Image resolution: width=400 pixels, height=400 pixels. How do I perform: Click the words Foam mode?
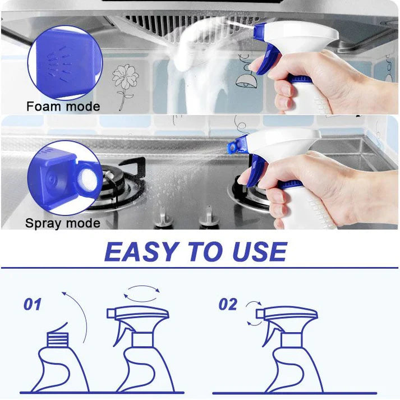pyautogui.click(x=63, y=106)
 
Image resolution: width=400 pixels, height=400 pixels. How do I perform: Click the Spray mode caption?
pyautogui.click(x=63, y=223)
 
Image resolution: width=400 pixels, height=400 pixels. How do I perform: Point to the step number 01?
pyautogui.click(x=33, y=305)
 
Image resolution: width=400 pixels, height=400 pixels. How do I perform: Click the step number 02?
pyautogui.click(x=228, y=305)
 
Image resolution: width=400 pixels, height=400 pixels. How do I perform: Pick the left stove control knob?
pyautogui.click(x=162, y=215)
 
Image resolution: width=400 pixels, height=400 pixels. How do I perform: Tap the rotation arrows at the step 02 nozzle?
pyautogui.click(x=254, y=314)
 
